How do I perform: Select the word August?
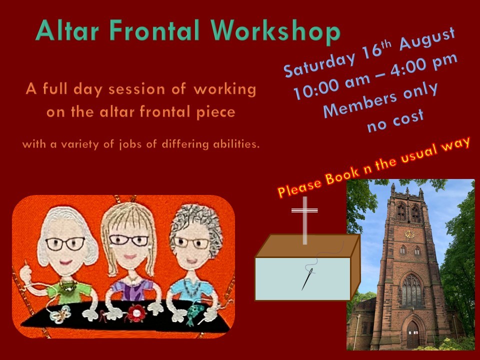tap(427, 38)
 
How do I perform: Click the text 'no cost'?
tap(395, 120)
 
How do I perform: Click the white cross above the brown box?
tap(304, 220)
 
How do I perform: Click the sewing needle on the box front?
tap(307, 279)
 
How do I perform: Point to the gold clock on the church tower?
tap(409, 234)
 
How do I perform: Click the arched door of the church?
tap(412, 334)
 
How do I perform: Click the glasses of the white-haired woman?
tap(65, 243)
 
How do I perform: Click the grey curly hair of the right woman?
tap(195, 224)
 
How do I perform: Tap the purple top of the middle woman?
tap(132, 289)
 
